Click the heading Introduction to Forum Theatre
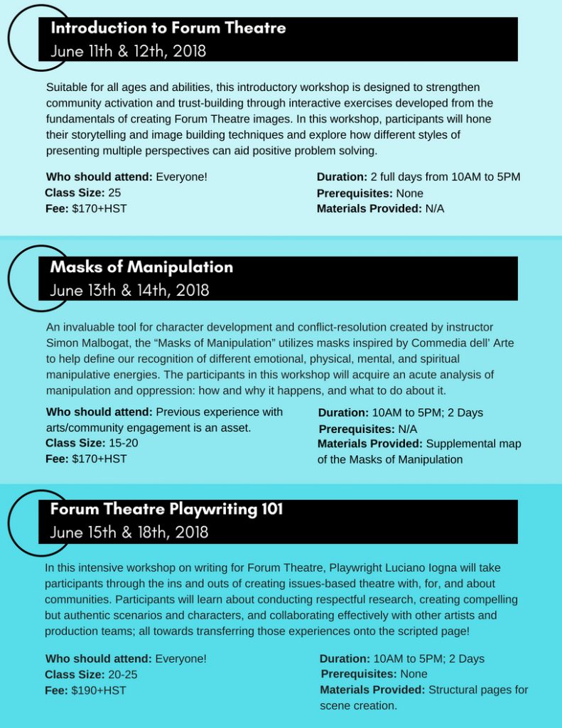coord(168,28)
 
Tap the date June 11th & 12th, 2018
coord(128,51)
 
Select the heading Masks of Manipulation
coord(141,267)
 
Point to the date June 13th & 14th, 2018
coord(129,290)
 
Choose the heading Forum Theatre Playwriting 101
coord(166,509)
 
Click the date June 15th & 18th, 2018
coord(129,532)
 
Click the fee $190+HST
coord(99,690)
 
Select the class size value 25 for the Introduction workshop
coord(114,193)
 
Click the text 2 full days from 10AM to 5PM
coord(445,176)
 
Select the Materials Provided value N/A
coord(435,208)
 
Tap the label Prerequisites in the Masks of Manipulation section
coord(357,429)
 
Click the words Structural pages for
coord(478,690)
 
